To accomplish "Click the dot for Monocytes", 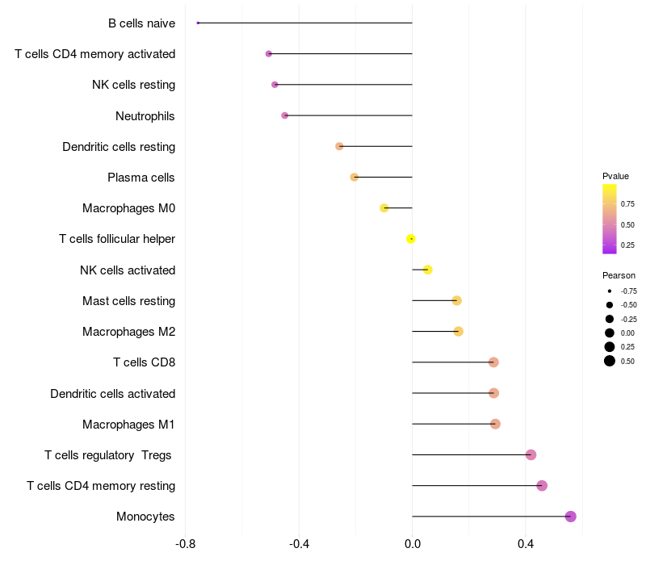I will coord(571,517).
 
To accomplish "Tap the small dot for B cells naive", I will coord(198,23).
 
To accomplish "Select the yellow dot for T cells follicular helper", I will coord(411,239).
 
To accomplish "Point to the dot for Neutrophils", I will coord(285,115).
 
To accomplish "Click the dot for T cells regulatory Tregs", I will coord(531,455).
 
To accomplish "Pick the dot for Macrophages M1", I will coord(495,424).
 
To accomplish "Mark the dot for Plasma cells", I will coord(354,177).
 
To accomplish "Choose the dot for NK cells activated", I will coord(428,270).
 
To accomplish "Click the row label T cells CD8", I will coord(144,362).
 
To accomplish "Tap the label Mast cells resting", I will coord(128,301).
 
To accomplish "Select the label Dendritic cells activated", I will coord(112,393).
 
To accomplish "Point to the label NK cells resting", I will coord(133,85).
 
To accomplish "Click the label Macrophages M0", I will coord(128,208).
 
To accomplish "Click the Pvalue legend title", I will coord(615,176).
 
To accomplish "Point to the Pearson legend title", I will coord(619,275).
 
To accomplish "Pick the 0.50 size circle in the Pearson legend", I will coord(610,361).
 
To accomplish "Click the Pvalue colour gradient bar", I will coord(610,219).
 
